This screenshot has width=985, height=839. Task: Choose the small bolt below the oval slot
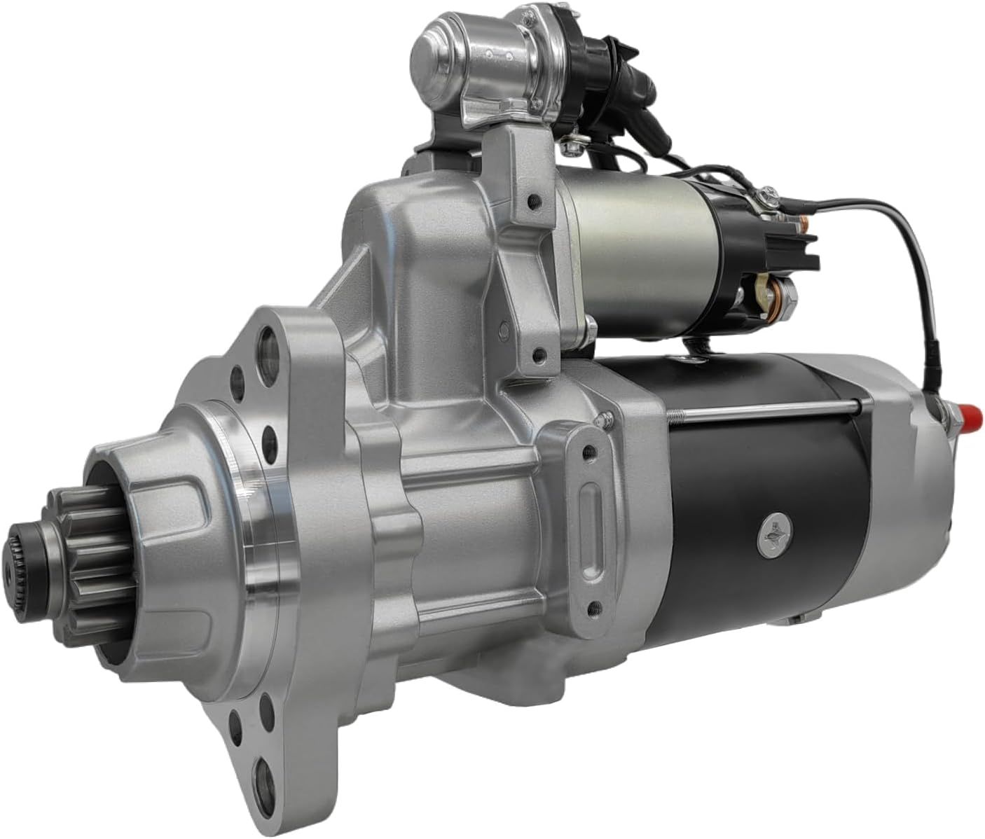pos(595,605)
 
